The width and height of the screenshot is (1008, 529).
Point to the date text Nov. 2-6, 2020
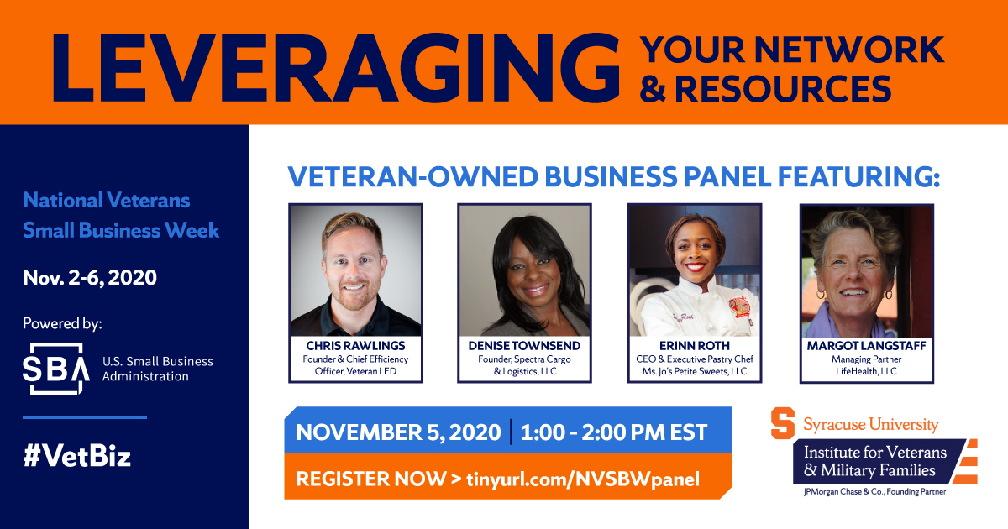[90, 277]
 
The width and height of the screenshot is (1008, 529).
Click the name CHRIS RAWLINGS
[355, 345]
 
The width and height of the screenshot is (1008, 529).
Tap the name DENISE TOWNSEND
[525, 345]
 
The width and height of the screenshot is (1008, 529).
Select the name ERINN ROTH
[695, 345]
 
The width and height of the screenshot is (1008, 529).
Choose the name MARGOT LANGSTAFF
[865, 345]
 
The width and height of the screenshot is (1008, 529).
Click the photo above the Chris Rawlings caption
[355, 270]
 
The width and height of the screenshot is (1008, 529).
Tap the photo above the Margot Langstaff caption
[865, 270]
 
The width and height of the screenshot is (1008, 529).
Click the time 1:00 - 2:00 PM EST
[613, 432]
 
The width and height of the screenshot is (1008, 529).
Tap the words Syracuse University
[870, 424]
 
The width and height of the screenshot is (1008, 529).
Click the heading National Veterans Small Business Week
[121, 215]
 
